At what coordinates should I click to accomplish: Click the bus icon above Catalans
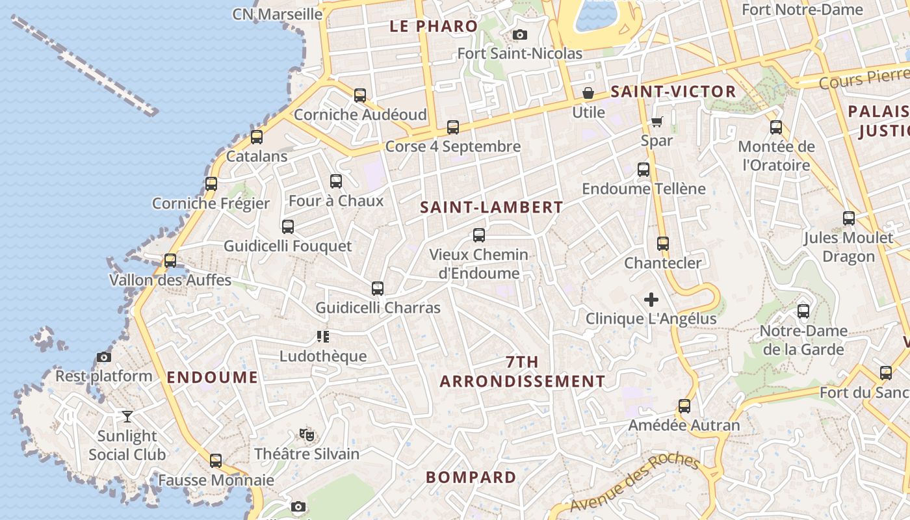257,137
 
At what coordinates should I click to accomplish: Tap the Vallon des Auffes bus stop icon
170,261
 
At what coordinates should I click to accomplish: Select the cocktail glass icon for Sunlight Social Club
127,416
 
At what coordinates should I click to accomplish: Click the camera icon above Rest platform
103,357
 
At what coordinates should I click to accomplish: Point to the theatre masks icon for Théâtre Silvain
307,434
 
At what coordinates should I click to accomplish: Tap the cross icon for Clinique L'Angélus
651,300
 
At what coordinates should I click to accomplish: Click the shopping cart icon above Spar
657,122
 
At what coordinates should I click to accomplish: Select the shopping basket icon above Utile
588,93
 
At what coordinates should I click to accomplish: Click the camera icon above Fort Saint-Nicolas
520,34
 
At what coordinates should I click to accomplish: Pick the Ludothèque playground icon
323,337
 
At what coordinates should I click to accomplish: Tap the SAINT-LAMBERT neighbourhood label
491,207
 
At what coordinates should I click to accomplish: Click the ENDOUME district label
213,377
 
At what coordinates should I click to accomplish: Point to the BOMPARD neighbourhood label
471,477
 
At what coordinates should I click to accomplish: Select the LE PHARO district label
434,27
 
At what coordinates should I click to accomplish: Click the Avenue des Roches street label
634,482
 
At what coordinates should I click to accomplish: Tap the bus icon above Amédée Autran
684,406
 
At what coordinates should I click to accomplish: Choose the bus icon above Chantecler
663,244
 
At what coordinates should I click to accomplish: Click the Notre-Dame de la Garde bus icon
803,311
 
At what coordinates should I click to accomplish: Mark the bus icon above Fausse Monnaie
216,461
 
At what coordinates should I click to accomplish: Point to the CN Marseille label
278,14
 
